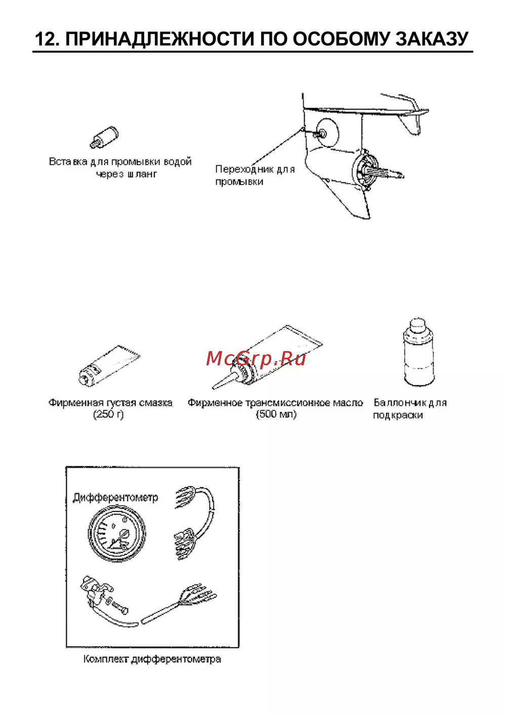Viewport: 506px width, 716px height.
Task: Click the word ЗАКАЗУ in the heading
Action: [432, 39]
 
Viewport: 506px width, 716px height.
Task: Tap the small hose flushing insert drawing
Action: [104, 137]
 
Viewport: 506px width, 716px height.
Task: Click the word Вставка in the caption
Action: [68, 162]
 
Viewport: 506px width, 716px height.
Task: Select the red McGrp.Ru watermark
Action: [256, 358]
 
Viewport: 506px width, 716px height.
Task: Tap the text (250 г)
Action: [108, 414]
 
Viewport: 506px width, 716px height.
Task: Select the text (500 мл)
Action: [276, 414]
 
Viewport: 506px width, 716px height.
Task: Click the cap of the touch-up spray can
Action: [417, 325]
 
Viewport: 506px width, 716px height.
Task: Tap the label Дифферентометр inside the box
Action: [115, 498]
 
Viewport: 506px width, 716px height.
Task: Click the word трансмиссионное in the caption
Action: [288, 403]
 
